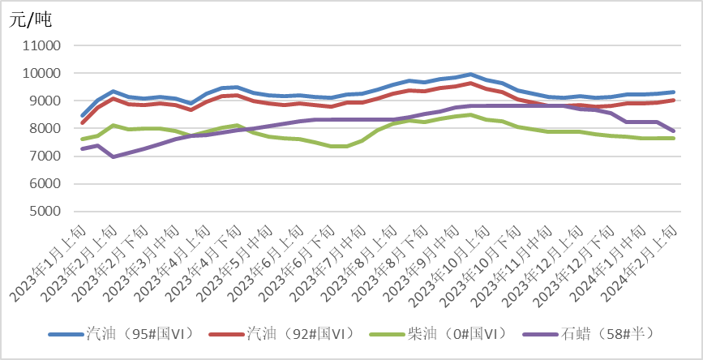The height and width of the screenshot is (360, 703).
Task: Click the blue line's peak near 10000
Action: pos(471,75)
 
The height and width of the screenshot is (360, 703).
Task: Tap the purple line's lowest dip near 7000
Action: pos(113,156)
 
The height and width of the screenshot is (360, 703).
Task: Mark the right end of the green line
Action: pos(675,138)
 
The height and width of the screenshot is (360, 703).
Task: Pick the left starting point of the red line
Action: pos(83,122)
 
